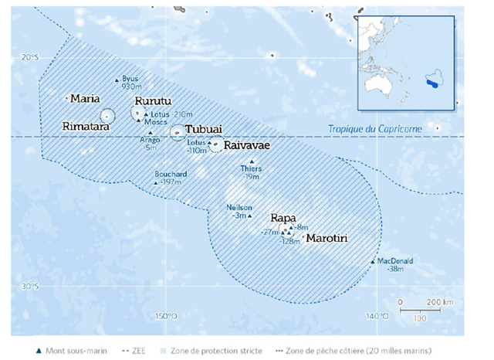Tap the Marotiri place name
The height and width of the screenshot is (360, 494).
(327, 239)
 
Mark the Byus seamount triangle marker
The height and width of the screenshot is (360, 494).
(117, 80)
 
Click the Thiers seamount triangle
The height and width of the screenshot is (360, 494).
(251, 161)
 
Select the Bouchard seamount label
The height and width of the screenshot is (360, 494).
(171, 174)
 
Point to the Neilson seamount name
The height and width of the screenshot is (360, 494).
(238, 207)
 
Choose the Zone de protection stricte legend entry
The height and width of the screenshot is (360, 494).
(213, 351)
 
